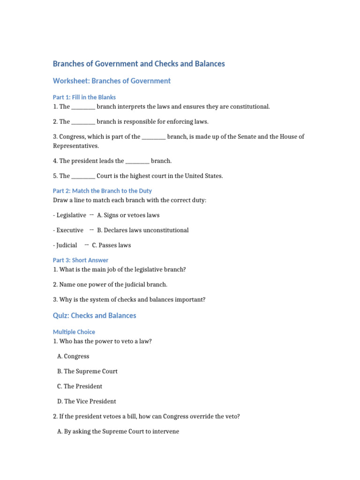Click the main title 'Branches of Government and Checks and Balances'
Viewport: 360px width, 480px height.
pos(139,64)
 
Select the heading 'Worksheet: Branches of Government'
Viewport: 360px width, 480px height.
pos(112,81)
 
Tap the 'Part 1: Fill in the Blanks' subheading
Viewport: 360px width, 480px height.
pos(84,97)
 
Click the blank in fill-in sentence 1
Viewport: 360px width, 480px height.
pos(83,107)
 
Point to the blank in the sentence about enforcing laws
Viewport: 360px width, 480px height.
pos(83,122)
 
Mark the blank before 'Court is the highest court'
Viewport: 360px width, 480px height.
pos(83,176)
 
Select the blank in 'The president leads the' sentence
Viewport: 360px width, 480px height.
pos(137,161)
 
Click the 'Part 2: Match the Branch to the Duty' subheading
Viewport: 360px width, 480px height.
pos(102,191)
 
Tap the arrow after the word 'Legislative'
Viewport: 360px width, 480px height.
pos(91,215)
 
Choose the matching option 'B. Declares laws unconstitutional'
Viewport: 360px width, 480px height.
pos(143,230)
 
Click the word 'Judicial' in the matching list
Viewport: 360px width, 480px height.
pos(67,245)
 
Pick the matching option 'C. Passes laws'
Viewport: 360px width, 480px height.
pos(112,245)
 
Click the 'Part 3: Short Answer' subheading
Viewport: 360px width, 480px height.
pos(80,260)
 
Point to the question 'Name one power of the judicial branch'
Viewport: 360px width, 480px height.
pos(110,285)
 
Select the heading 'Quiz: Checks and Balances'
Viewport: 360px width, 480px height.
pos(94,315)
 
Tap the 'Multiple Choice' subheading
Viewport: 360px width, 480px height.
pos(74,332)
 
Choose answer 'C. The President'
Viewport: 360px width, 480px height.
pos(80,386)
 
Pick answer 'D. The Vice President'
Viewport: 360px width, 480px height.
pos(87,401)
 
